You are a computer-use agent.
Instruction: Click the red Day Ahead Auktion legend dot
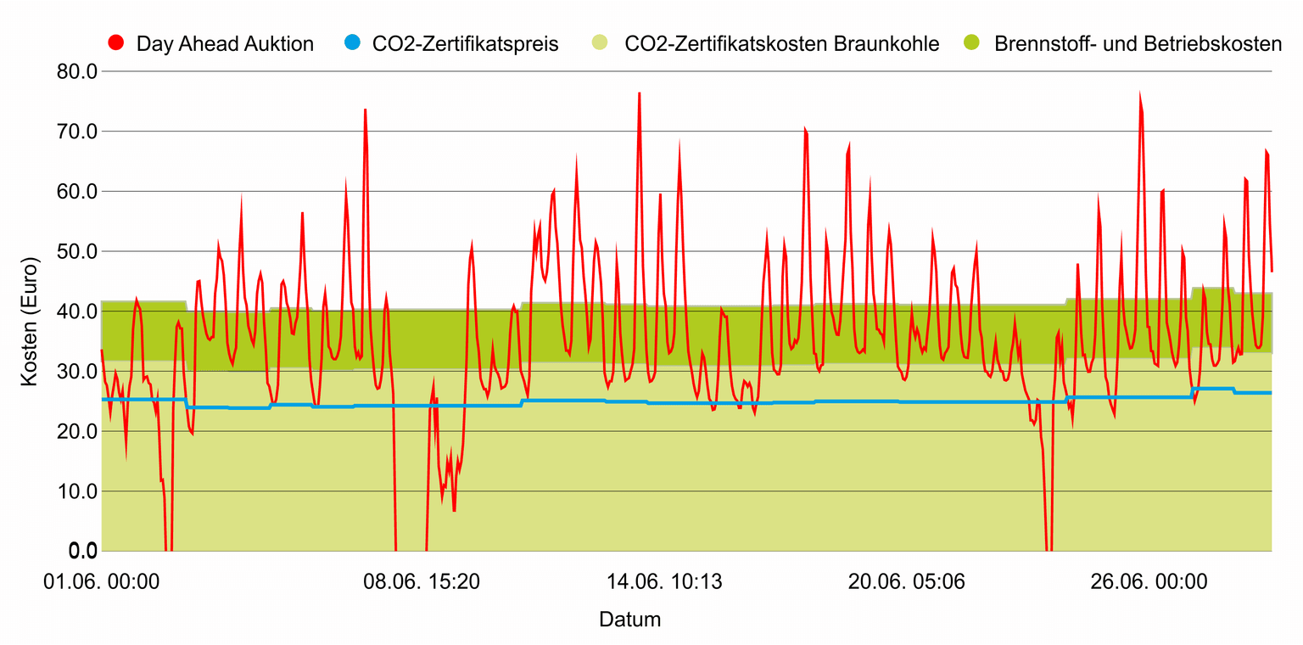[x=118, y=43]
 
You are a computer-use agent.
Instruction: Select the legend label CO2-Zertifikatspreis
[x=465, y=43]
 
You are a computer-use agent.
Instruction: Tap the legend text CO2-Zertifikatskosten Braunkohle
[x=781, y=43]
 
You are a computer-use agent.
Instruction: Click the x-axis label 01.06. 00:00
[x=101, y=582]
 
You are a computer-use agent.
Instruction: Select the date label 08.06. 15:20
[x=422, y=582]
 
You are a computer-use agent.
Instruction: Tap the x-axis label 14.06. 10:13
[x=663, y=582]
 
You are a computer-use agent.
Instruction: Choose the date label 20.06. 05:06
[x=907, y=582]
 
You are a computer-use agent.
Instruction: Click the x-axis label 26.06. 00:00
[x=1149, y=582]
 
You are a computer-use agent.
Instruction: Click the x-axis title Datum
[x=629, y=619]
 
